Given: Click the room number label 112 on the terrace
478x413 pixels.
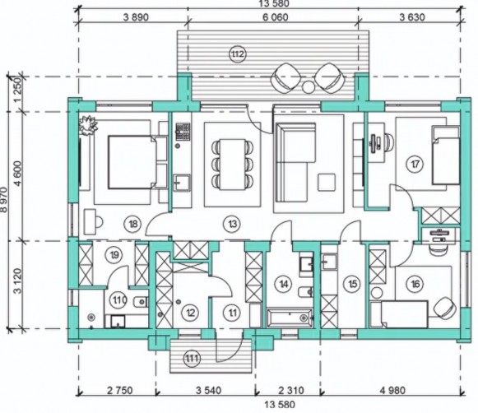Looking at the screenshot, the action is tap(237, 54).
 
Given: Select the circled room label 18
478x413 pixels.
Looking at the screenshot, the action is tap(132, 225).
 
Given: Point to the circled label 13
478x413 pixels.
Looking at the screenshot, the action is tap(232, 225).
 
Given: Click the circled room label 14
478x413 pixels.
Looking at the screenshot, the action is tap(284, 284).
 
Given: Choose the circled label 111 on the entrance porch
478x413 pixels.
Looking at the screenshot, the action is tap(192, 359).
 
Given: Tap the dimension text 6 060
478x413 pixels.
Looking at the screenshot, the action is tap(275, 17).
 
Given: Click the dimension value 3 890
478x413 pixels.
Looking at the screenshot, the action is tap(136, 17).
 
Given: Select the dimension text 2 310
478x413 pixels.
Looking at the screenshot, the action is tap(291, 390).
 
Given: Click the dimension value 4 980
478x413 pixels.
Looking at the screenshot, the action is tap(392, 390).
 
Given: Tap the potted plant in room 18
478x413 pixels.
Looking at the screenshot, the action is tap(88, 125).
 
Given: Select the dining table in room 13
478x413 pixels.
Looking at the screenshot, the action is tap(233, 165).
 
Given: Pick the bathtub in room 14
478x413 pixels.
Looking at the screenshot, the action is tap(290, 318).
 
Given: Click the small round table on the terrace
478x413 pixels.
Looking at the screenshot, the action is tap(309, 87).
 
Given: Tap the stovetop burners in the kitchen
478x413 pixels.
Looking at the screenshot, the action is tap(183, 132).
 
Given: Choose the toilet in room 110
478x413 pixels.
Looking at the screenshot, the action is tap(140, 302).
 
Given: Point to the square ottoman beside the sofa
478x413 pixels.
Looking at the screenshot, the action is tap(327, 183).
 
